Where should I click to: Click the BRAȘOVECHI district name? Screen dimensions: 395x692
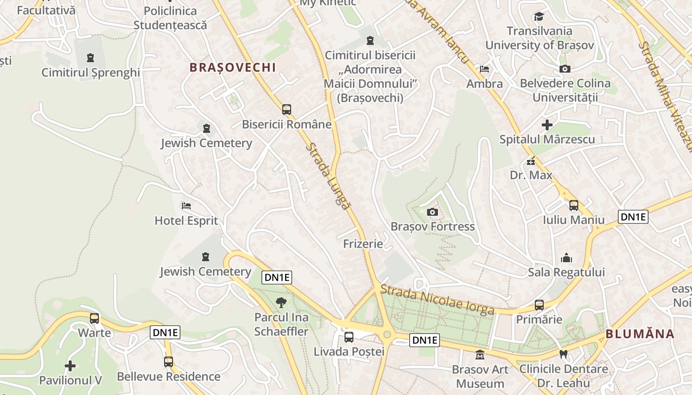(x=233, y=68)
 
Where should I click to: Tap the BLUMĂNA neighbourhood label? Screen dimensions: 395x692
(x=640, y=334)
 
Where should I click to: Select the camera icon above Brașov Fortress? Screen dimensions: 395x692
(x=432, y=212)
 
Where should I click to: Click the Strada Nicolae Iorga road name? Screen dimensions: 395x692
(x=437, y=299)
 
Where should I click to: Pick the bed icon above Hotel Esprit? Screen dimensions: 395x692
(x=186, y=205)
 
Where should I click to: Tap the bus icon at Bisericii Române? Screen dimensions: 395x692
(x=287, y=110)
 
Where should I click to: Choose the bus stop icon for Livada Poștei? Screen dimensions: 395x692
(x=349, y=337)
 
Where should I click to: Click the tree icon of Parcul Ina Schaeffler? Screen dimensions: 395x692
(x=281, y=303)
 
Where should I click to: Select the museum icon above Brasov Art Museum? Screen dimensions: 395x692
(x=479, y=355)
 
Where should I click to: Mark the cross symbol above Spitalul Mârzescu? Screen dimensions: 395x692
(x=547, y=125)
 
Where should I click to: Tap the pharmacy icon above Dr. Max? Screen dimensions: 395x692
(x=531, y=161)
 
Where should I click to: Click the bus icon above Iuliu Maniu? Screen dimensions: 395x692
(x=574, y=205)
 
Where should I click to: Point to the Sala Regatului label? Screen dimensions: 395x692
(x=566, y=272)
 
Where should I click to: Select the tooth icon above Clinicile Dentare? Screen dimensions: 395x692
(x=563, y=354)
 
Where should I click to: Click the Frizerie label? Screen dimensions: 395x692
(x=363, y=243)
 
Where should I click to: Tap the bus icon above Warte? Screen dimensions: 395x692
(x=94, y=318)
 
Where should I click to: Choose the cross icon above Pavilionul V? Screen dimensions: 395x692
(x=71, y=366)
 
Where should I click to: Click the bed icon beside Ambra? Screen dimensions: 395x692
(x=484, y=69)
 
